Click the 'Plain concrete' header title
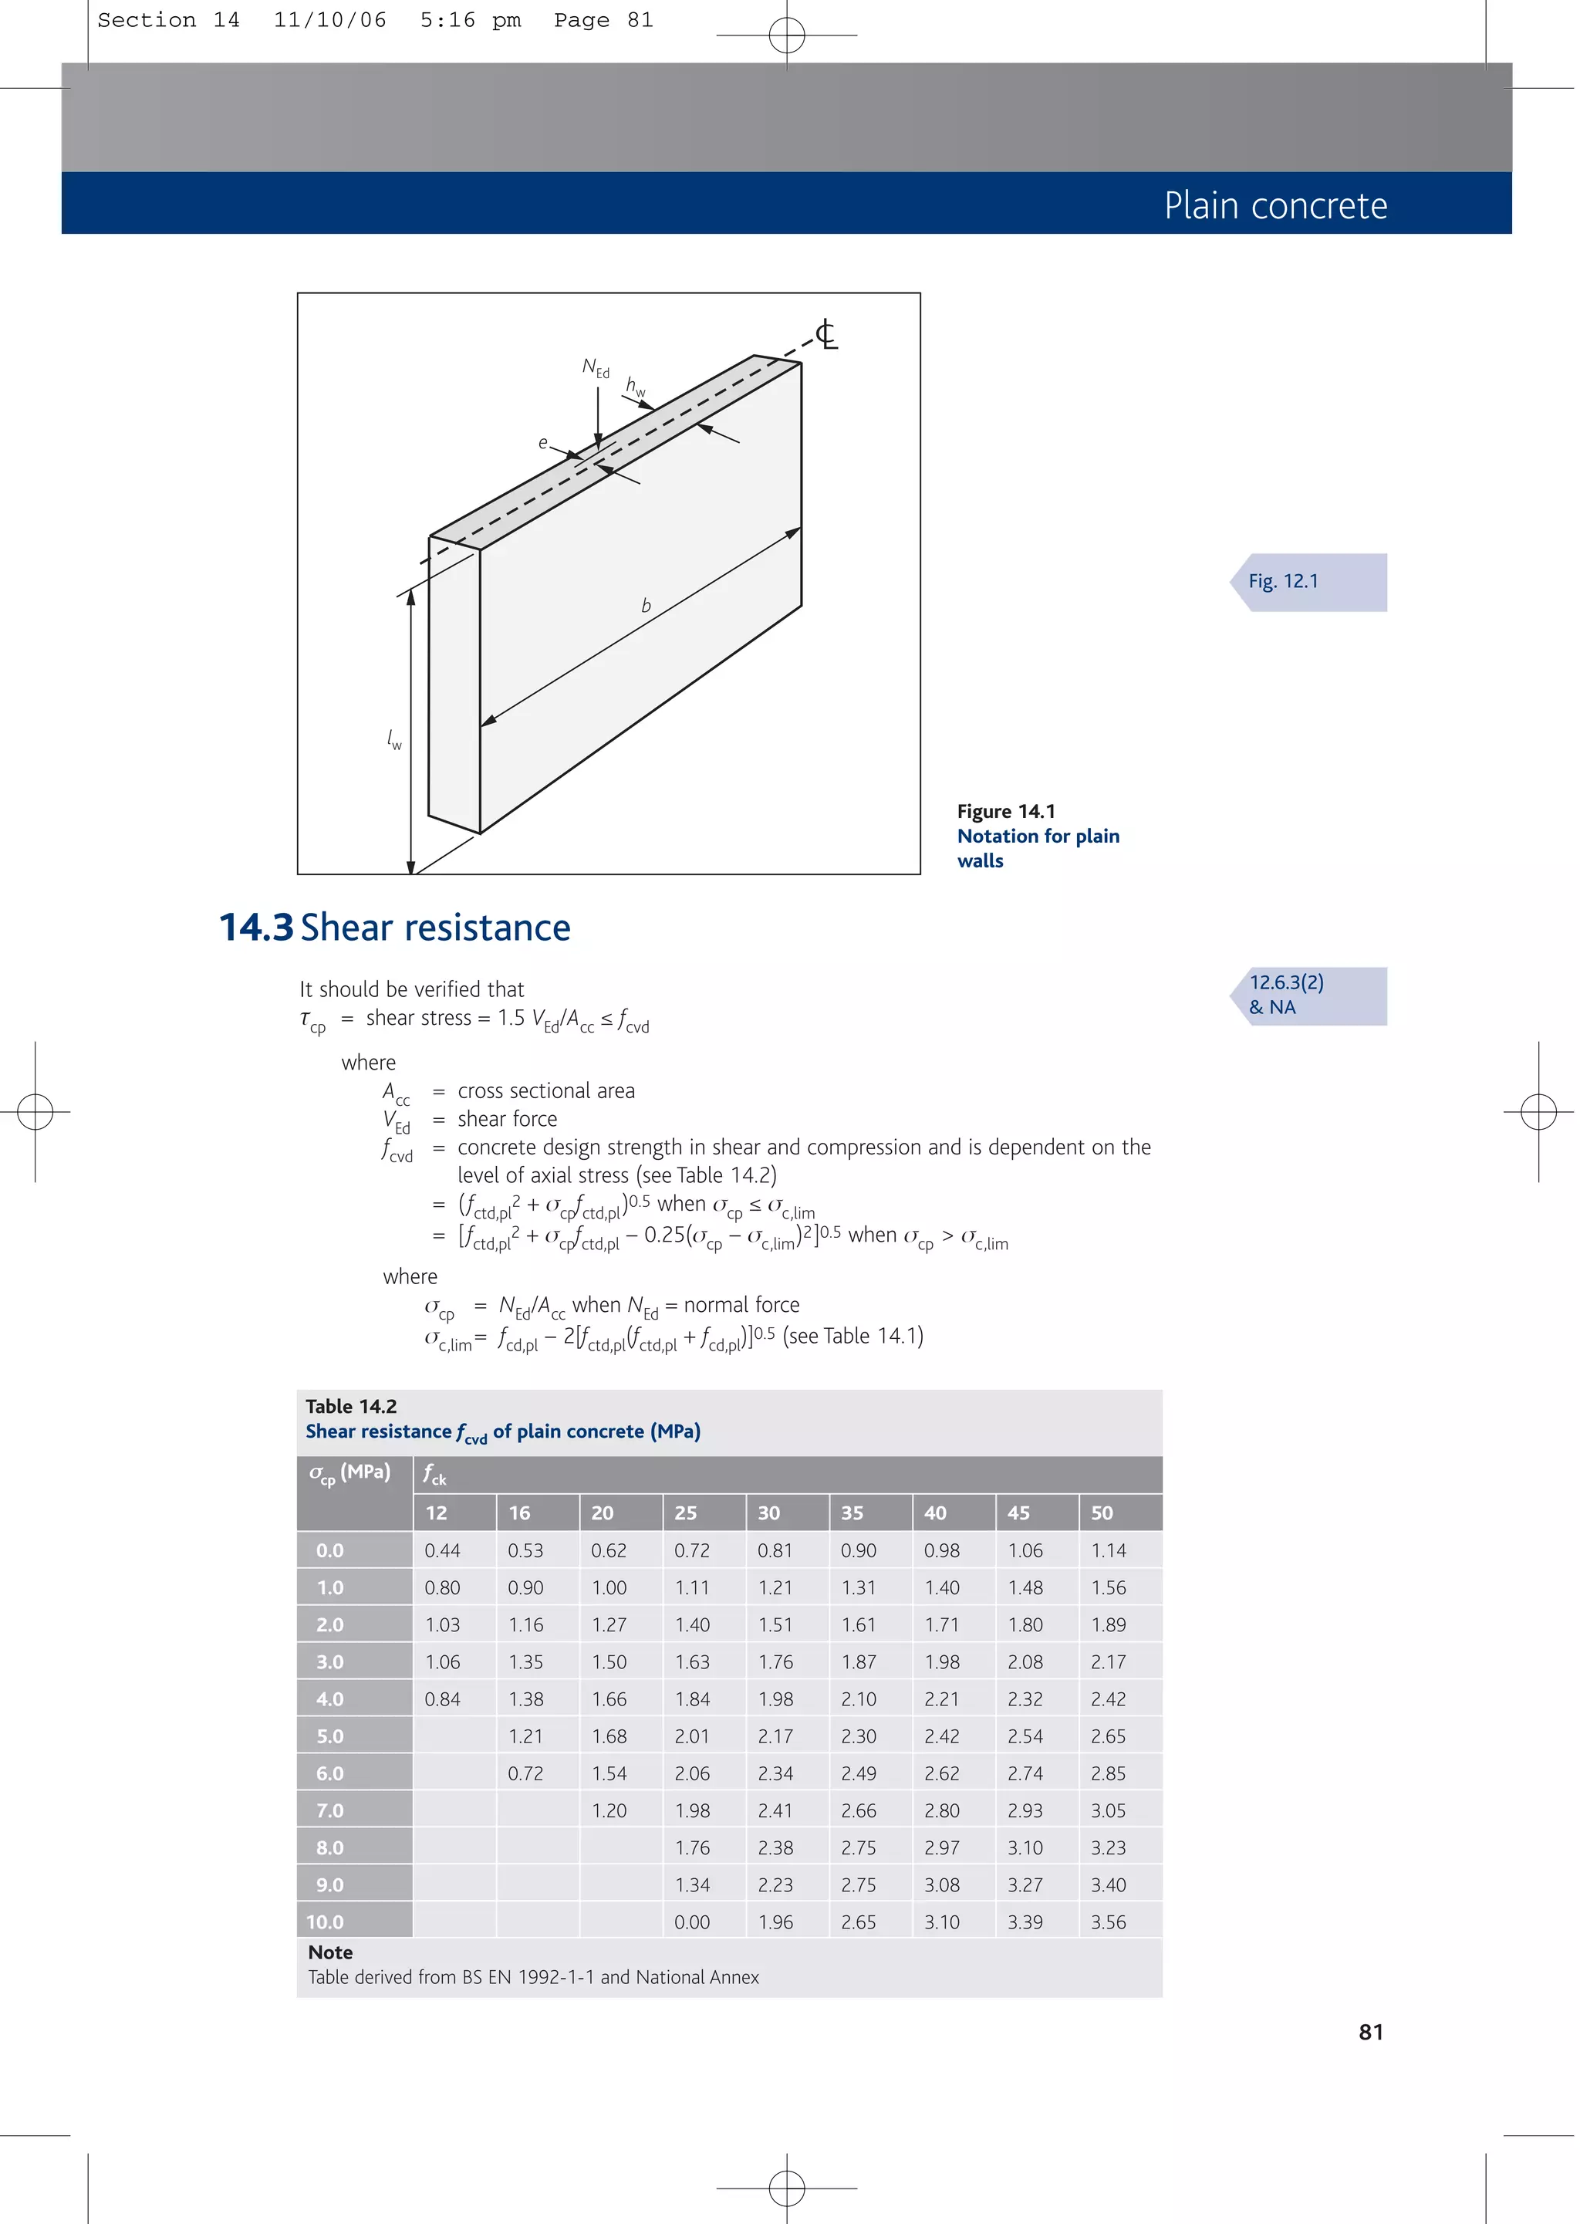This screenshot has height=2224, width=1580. click(x=1274, y=205)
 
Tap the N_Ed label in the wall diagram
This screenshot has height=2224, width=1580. click(x=596, y=368)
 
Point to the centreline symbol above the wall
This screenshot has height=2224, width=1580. click(x=825, y=335)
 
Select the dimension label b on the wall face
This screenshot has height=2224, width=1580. click(x=646, y=605)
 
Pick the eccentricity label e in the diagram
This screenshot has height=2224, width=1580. click(x=543, y=443)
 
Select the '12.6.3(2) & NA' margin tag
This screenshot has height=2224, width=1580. click(x=1285, y=994)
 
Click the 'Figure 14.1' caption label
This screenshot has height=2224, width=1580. click(x=1005, y=811)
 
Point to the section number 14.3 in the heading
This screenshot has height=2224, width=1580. click(x=255, y=927)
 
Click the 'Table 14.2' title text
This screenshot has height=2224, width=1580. click(x=350, y=1406)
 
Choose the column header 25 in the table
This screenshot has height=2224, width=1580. click(x=686, y=1513)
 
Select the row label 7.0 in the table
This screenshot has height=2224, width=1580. click(x=330, y=1810)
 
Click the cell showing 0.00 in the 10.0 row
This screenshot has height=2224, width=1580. click(x=692, y=1922)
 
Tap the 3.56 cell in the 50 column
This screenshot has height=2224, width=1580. click(x=1108, y=1922)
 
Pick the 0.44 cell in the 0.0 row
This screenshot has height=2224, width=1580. click(x=442, y=1551)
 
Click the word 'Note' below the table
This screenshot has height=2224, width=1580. click(x=330, y=1952)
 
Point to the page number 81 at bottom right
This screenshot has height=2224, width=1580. click(x=1370, y=2033)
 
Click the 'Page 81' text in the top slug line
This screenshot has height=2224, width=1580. click(x=603, y=20)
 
